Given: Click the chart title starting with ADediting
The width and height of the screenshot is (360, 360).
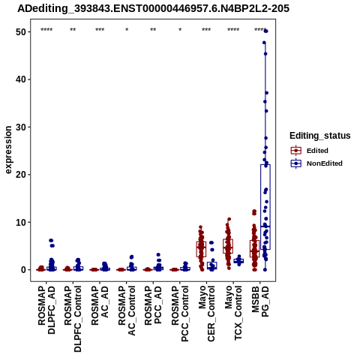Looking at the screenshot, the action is click(153, 8).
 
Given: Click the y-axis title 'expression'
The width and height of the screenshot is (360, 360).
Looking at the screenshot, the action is click(8, 150).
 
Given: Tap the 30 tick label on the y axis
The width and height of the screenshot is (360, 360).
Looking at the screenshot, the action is click(21, 127).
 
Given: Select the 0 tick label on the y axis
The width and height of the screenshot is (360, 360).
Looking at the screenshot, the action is click(24, 270).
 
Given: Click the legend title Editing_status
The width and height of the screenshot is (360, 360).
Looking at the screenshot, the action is click(320, 136).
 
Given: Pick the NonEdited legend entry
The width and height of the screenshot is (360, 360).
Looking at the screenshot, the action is click(316, 163).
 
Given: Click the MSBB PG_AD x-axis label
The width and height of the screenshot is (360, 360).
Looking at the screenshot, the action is click(260, 301).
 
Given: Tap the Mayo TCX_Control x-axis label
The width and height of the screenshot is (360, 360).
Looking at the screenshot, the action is click(233, 313).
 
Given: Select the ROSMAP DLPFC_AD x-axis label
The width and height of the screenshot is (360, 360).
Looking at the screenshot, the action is click(46, 310).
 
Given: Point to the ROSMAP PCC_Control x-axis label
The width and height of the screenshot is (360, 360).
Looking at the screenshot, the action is click(180, 313).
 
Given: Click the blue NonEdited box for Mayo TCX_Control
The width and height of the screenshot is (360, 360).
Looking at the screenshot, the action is click(238, 261).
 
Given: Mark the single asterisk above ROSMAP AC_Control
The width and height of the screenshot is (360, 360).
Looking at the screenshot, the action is click(127, 30).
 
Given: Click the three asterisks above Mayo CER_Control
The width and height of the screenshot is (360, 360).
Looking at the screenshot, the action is click(206, 30).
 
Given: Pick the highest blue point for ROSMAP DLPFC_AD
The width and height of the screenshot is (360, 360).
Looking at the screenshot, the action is click(51, 241).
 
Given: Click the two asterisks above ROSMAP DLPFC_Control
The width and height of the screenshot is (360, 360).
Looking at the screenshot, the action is click(73, 30).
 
